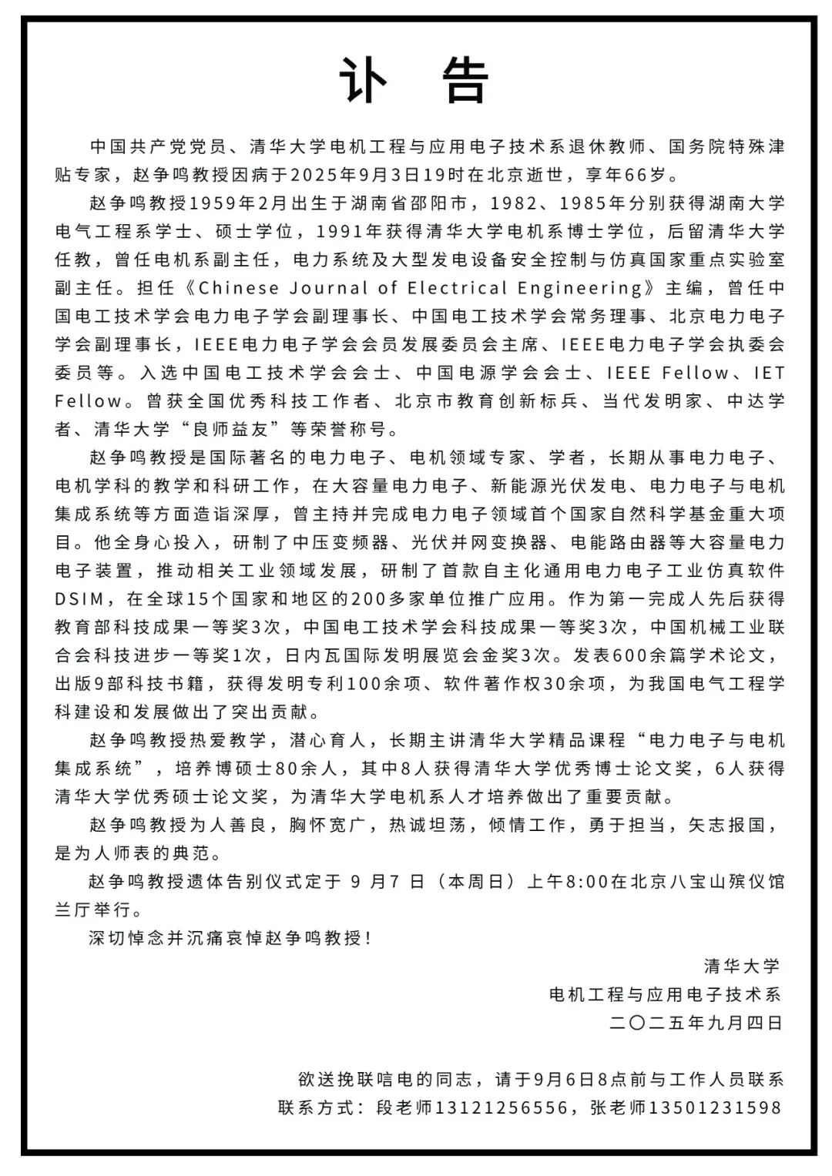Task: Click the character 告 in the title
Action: (466, 79)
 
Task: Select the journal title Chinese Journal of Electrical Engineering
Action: (421, 288)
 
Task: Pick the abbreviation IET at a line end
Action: (768, 373)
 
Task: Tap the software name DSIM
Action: (82, 598)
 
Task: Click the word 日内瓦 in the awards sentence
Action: (312, 655)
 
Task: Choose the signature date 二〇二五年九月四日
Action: (696, 1023)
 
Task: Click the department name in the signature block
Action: (665, 994)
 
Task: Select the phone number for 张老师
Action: (715, 1107)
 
